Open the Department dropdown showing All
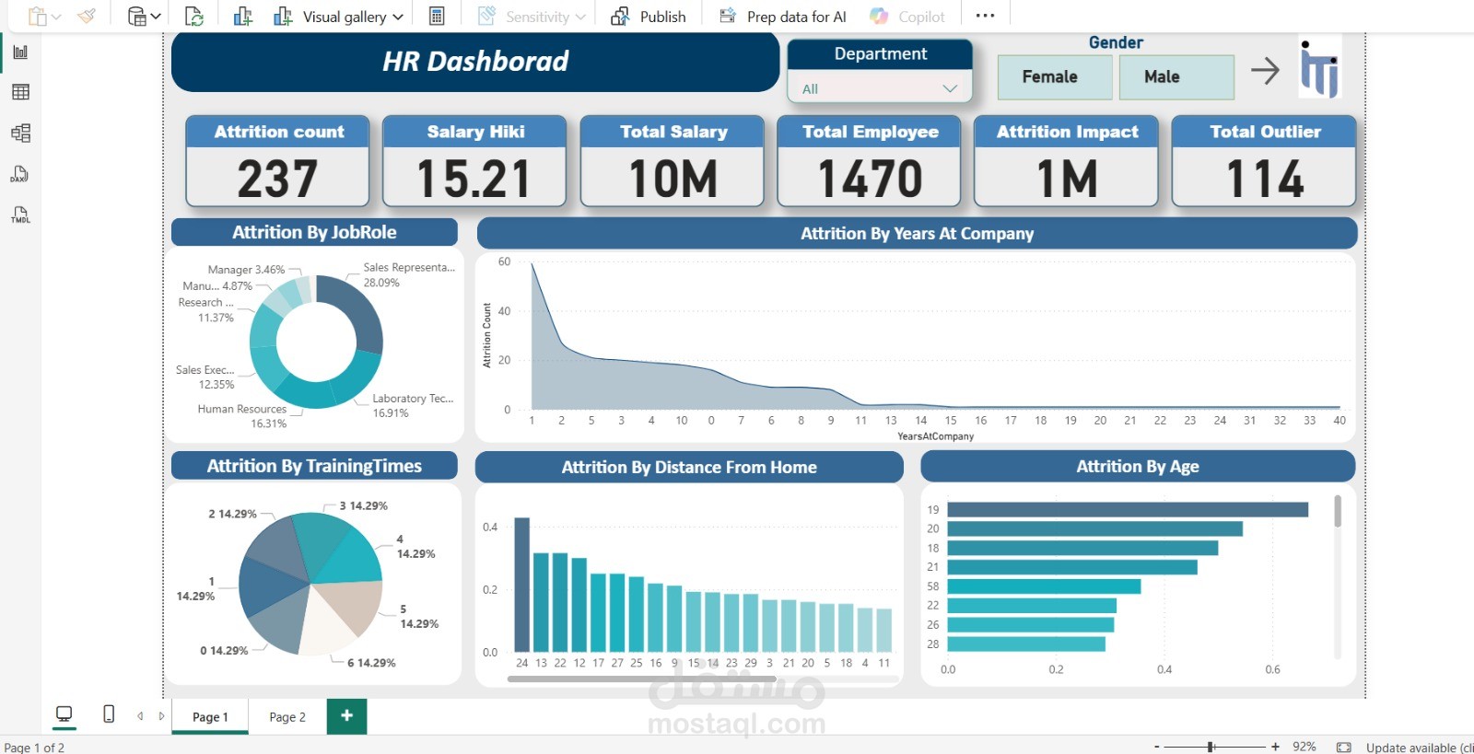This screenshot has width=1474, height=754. pyautogui.click(x=880, y=88)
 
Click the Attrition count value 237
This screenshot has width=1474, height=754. pyautogui.click(x=277, y=179)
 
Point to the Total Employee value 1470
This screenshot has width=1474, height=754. pyautogui.click(x=870, y=179)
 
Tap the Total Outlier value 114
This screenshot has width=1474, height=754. pyautogui.click(x=1264, y=179)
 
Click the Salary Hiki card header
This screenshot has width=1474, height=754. pyautogui.click(x=474, y=132)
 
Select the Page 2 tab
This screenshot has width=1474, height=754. pyautogui.click(x=287, y=717)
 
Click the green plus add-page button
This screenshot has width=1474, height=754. pyautogui.click(x=346, y=715)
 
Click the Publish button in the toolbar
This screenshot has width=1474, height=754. pyautogui.click(x=649, y=17)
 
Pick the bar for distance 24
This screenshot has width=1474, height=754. pyautogui.click(x=522, y=585)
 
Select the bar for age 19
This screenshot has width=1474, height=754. pyautogui.click(x=1127, y=509)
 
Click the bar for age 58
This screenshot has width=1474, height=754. pyautogui.click(x=1043, y=586)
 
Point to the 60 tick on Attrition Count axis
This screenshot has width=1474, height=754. pyautogui.click(x=504, y=261)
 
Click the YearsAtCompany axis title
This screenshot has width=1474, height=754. pyautogui.click(x=935, y=436)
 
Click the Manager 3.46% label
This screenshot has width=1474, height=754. pyautogui.click(x=246, y=270)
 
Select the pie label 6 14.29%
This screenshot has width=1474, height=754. pyautogui.click(x=371, y=663)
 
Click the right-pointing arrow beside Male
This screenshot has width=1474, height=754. pyautogui.click(x=1265, y=71)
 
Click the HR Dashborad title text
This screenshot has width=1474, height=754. pyautogui.click(x=475, y=62)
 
